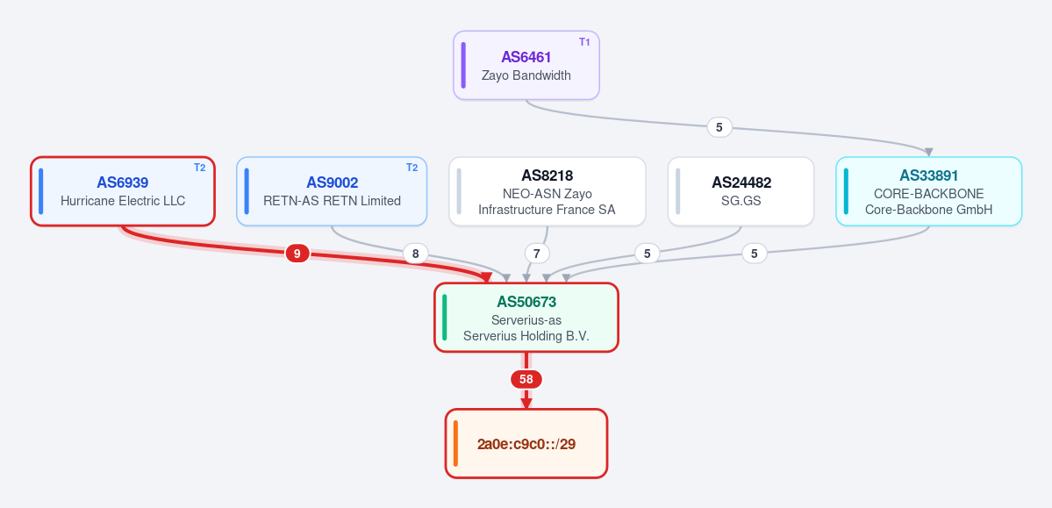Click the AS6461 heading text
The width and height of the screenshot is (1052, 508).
(x=526, y=57)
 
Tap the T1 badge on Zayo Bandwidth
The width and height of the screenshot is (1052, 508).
(x=584, y=41)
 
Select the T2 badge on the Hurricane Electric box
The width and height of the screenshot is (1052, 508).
(x=199, y=167)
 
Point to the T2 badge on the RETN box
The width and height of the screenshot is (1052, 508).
(x=412, y=167)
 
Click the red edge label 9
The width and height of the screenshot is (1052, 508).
(x=297, y=253)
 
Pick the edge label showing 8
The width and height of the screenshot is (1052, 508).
(x=415, y=254)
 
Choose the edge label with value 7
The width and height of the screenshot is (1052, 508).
(x=537, y=254)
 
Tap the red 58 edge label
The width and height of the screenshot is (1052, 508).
(x=526, y=379)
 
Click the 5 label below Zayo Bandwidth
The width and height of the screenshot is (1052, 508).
(x=719, y=126)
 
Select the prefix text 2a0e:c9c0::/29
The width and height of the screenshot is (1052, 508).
(x=526, y=444)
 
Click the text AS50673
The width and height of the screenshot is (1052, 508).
(x=526, y=302)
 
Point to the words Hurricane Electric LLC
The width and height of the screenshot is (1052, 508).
(x=123, y=201)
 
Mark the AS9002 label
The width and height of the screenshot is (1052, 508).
(x=333, y=182)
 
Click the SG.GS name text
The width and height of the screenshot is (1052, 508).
(x=741, y=201)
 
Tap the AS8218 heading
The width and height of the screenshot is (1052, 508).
(x=547, y=175)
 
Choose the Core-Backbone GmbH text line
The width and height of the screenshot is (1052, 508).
(x=928, y=210)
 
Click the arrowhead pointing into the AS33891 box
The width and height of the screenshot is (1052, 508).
(x=928, y=152)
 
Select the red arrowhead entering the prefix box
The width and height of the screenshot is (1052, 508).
(x=526, y=404)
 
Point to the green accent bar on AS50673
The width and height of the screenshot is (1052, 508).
(x=444, y=317)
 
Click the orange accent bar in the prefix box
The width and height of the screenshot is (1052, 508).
(x=455, y=443)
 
